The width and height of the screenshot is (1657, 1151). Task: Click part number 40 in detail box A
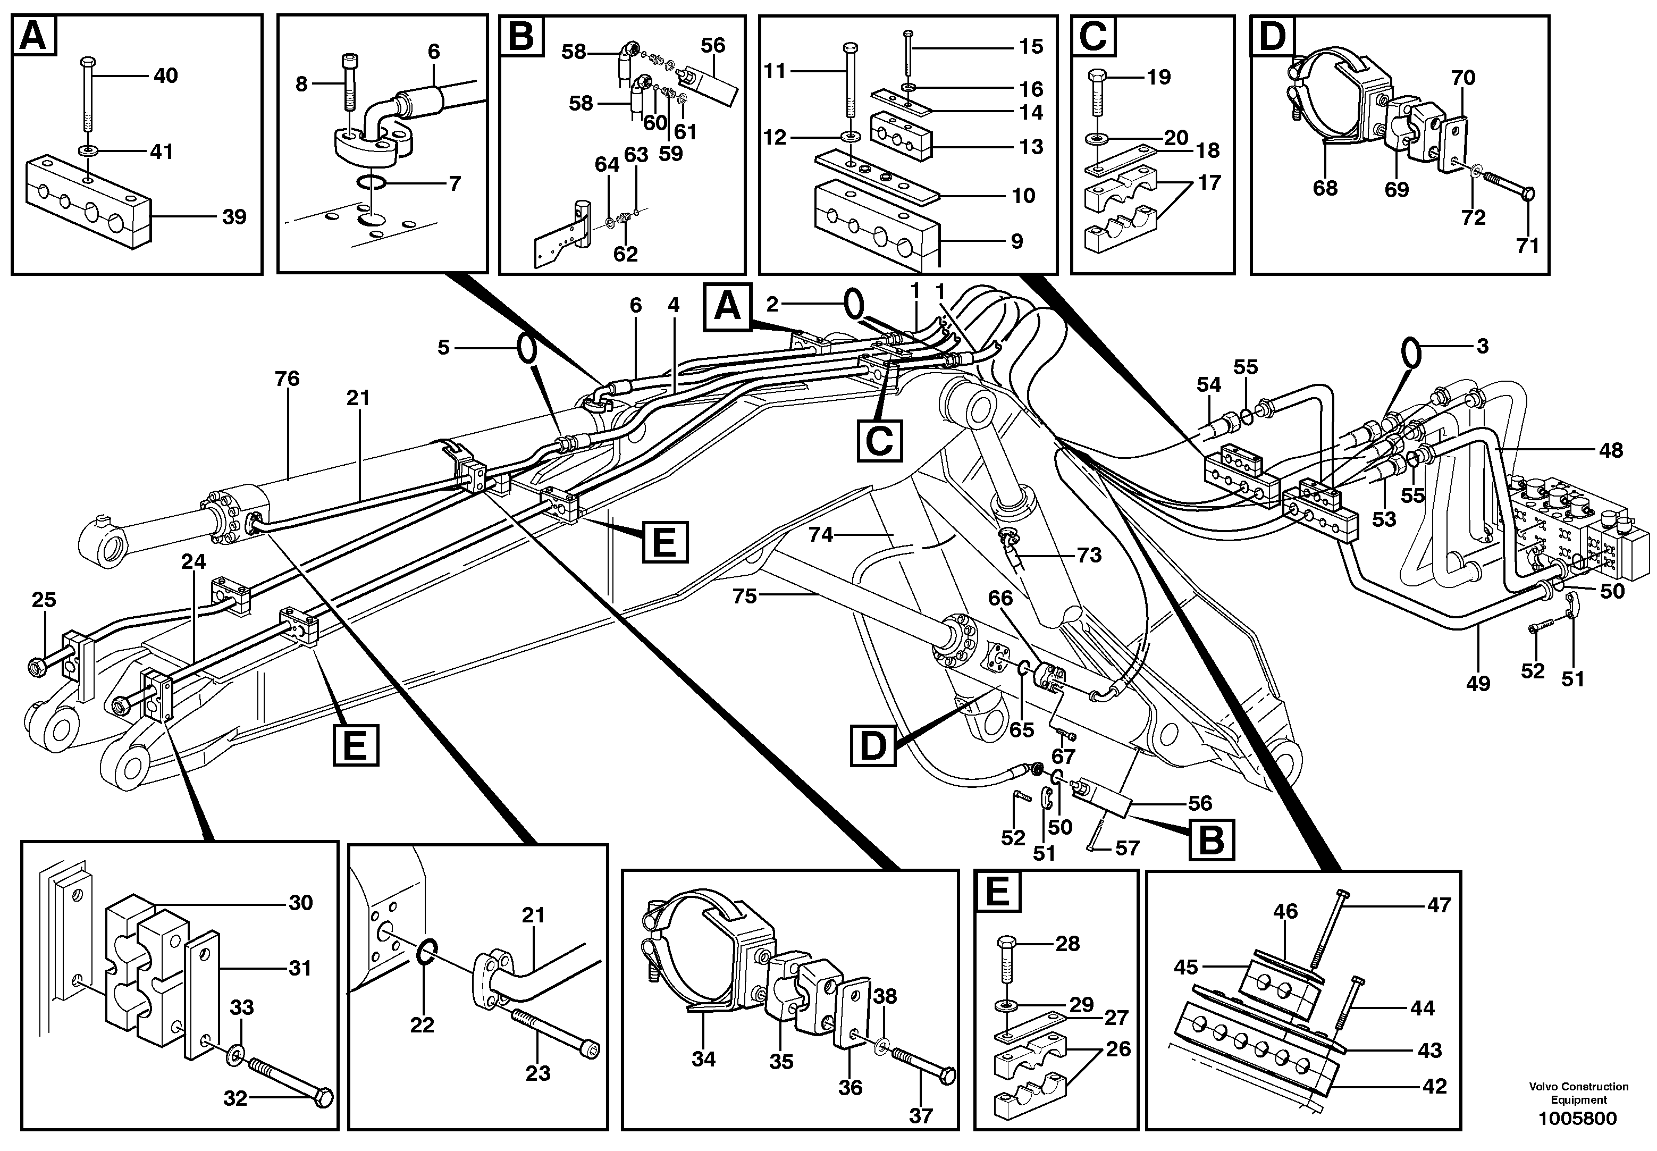(x=166, y=75)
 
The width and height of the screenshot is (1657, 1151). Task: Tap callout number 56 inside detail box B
(x=712, y=45)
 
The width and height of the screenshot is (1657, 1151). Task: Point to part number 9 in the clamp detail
(x=1017, y=241)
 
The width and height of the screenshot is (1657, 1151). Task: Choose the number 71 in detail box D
(x=1527, y=246)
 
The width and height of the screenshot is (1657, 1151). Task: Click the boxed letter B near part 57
(x=1212, y=840)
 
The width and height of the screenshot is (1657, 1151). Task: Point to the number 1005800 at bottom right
(x=1578, y=1119)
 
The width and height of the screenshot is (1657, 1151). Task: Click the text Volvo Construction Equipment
(x=1578, y=1093)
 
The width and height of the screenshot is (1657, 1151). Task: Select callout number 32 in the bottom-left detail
(x=235, y=1098)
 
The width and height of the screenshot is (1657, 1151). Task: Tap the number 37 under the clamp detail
(x=921, y=1116)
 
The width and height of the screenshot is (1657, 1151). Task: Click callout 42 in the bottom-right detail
(x=1434, y=1086)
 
